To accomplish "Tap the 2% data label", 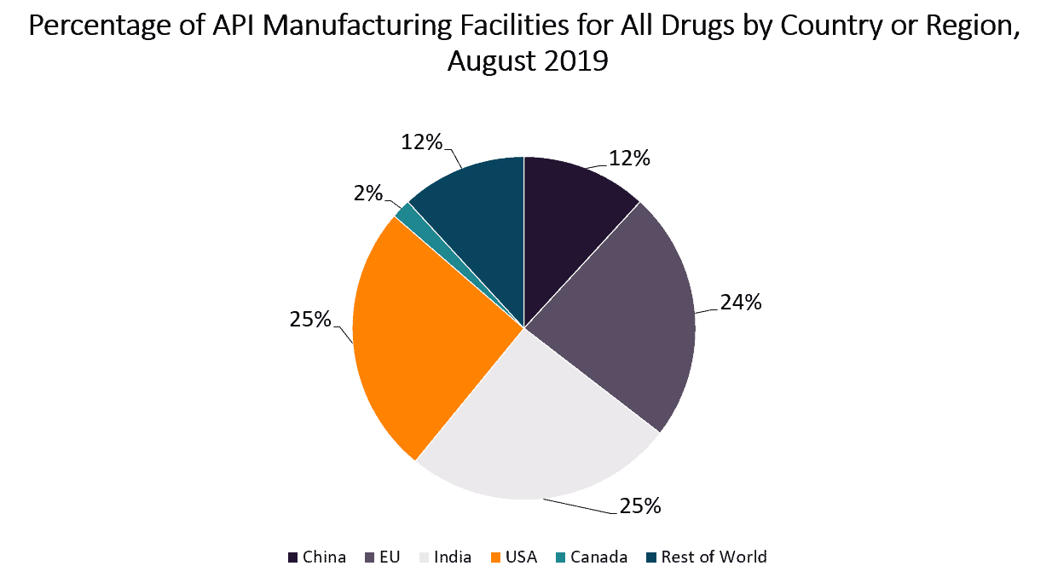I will tap(369, 193).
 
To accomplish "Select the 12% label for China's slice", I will tap(629, 158).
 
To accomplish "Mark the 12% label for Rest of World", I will tap(422, 141).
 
